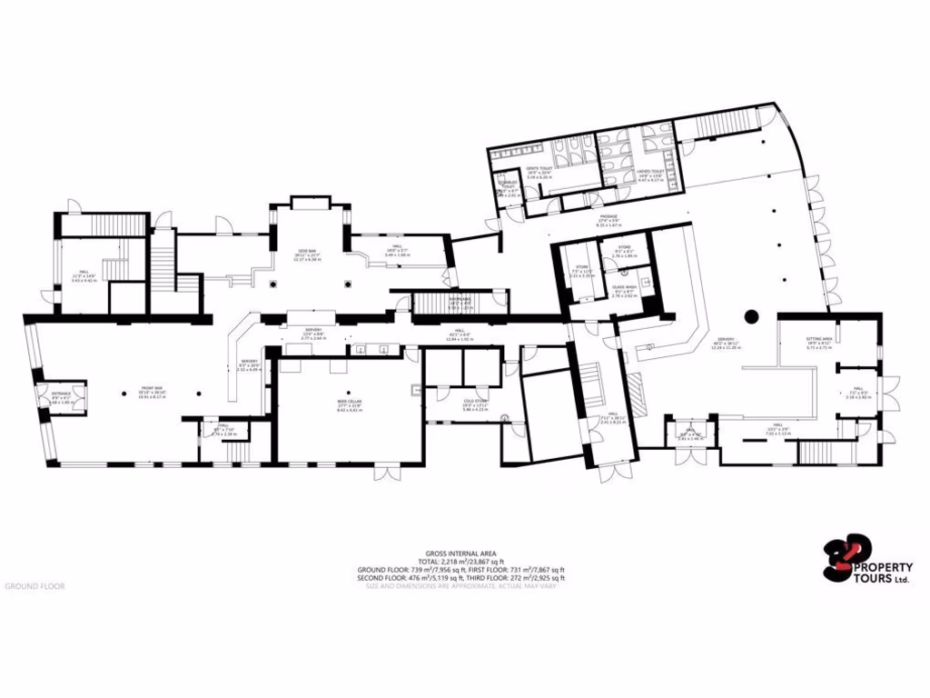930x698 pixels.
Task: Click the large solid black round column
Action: tap(751, 316)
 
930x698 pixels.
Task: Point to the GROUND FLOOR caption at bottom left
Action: tap(35, 586)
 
